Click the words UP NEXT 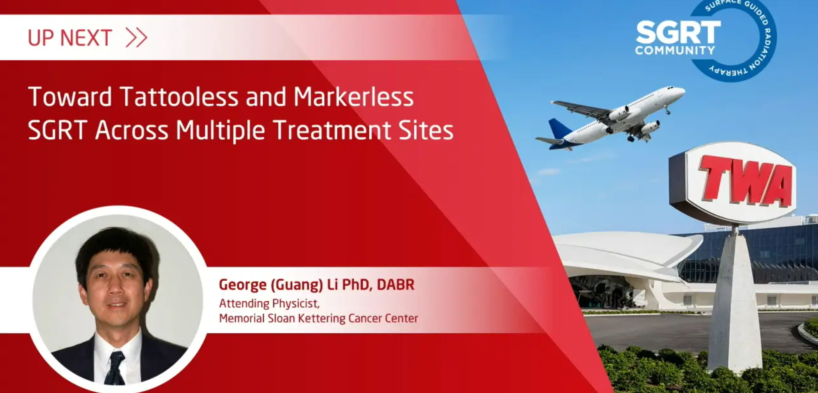[70, 38]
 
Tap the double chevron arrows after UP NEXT [137, 38]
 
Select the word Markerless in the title [353, 97]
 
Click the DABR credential [395, 284]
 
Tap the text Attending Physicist [269, 304]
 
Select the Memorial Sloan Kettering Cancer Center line [318, 319]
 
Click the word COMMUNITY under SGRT [675, 50]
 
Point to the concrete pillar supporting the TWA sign [734, 299]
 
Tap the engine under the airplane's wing [650, 127]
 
